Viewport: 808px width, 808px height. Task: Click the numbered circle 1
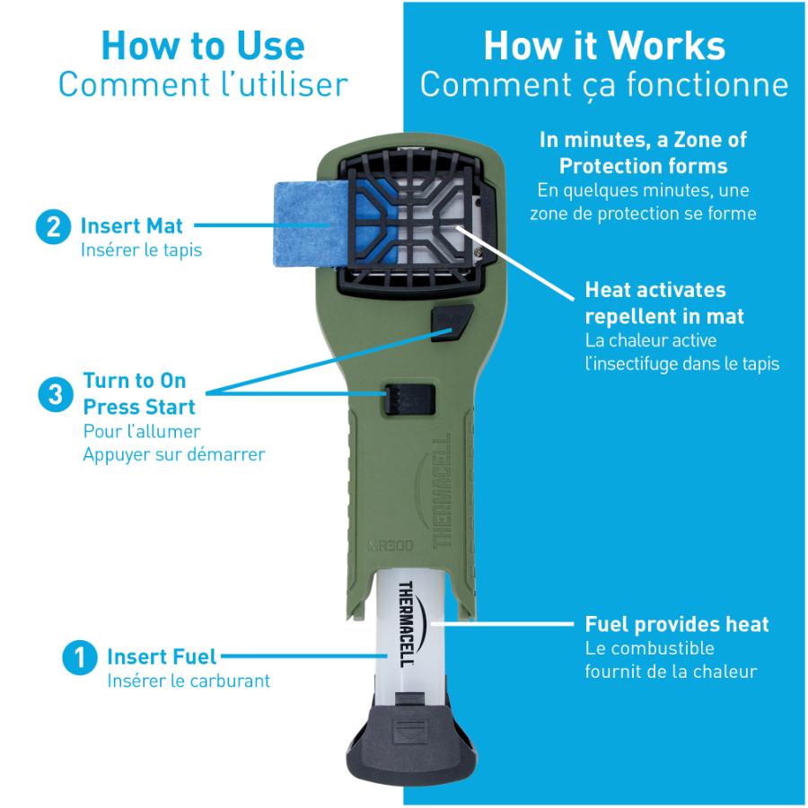coord(79,657)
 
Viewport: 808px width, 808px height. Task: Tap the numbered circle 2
coord(53,227)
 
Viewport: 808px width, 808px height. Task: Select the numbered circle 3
coord(56,395)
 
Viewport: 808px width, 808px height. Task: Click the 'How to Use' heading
coord(203,46)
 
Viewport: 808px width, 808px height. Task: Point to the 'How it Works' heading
coord(604,46)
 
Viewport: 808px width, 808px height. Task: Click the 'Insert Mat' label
coord(131,226)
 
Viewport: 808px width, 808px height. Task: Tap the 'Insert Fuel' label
coord(162,657)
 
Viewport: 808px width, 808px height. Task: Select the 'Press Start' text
coord(139,407)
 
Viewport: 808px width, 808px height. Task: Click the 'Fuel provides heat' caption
coord(677,625)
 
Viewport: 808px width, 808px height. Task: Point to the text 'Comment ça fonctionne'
coord(604,85)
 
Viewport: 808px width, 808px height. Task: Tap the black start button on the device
coord(452,323)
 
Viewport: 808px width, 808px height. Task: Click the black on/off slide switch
coord(408,400)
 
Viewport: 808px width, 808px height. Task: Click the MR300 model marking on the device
coord(391,545)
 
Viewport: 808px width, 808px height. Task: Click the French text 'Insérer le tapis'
coord(141,250)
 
